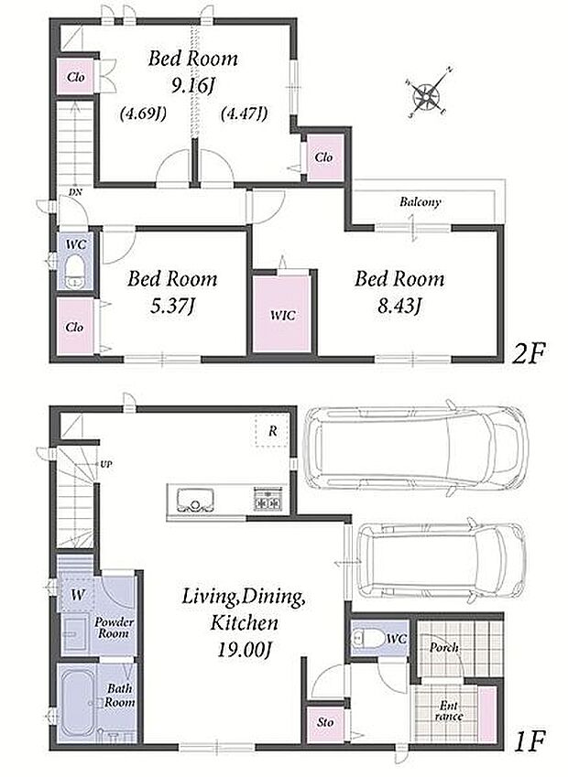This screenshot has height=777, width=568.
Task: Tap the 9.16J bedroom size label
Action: coord(192,86)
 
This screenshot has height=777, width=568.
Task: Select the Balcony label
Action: coord(421,202)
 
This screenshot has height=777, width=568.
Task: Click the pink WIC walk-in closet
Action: coord(282,314)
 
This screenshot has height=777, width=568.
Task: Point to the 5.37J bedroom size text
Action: coord(171,307)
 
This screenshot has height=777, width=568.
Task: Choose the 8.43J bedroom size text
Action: coord(399,307)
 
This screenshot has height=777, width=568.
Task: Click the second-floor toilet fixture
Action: coord(75,272)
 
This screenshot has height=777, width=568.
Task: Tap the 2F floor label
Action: coord(529,354)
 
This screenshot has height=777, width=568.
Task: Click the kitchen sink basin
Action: coord(195,500)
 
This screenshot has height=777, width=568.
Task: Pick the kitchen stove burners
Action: coord(268,499)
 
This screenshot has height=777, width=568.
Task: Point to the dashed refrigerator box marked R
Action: coord(272,430)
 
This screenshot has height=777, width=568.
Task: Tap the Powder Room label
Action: coord(115,628)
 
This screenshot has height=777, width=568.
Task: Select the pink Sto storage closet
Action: coord(325,723)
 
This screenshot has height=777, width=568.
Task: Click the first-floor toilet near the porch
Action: coord(366,638)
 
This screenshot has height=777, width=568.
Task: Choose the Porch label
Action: coord(444,647)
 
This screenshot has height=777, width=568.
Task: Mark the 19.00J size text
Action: coord(244,650)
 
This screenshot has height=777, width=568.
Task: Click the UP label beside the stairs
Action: coord(105,464)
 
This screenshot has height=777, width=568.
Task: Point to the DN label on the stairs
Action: coord(75,191)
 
